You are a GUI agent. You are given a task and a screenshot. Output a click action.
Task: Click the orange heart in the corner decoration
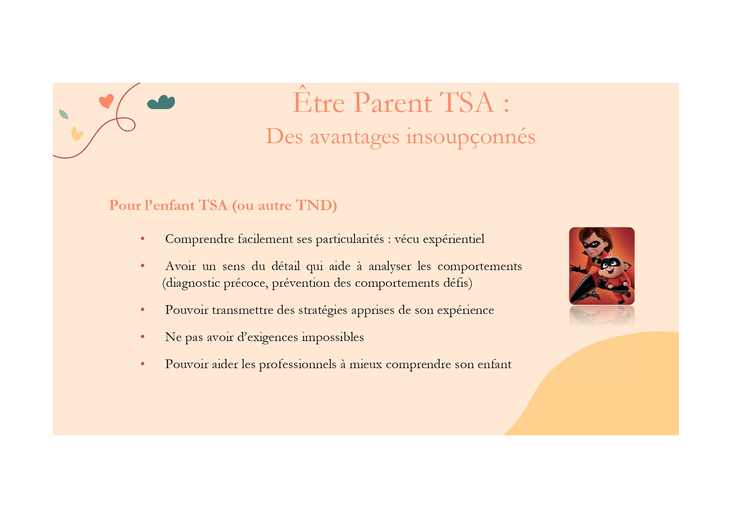tap(106, 101)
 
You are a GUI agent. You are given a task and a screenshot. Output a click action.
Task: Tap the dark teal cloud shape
tap(161, 102)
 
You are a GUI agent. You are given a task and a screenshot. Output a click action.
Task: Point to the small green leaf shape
tap(63, 114)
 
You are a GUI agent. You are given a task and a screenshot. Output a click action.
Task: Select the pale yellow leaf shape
tap(77, 134)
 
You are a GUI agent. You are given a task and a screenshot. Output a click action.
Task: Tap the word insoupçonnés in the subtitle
tap(471, 137)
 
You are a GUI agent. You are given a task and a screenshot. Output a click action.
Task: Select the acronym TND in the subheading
tap(314, 205)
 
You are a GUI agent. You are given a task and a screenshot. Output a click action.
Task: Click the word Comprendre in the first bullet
tap(199, 239)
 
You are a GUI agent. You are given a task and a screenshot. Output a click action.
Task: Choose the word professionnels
tap(298, 364)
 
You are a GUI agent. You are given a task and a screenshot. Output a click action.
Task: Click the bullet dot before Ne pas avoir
tap(143, 336)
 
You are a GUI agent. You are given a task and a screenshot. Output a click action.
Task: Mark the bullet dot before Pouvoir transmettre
tap(143, 309)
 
